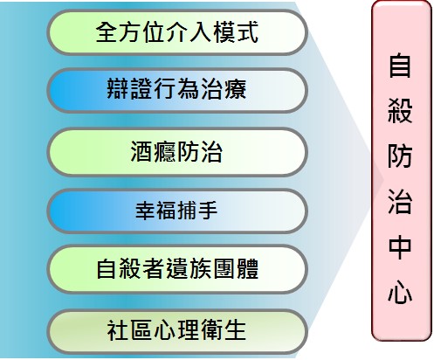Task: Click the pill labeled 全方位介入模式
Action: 177,32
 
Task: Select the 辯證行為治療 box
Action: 177,90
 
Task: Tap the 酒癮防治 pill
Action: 177,151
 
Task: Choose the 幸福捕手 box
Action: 177,211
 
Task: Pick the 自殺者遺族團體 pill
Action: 177,268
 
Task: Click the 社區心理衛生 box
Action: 177,331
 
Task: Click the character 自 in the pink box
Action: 400,65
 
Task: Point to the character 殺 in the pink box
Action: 400,110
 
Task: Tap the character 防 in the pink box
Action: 400,156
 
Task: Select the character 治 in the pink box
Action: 400,202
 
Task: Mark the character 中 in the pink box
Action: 400,247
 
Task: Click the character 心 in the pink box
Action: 400,293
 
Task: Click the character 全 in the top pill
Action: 107,32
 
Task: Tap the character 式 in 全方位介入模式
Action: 247,32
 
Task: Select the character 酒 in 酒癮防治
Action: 141,151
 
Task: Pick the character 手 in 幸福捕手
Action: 208,211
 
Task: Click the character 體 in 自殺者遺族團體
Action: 247,268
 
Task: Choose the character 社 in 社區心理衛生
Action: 119,330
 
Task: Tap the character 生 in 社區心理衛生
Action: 236,330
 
